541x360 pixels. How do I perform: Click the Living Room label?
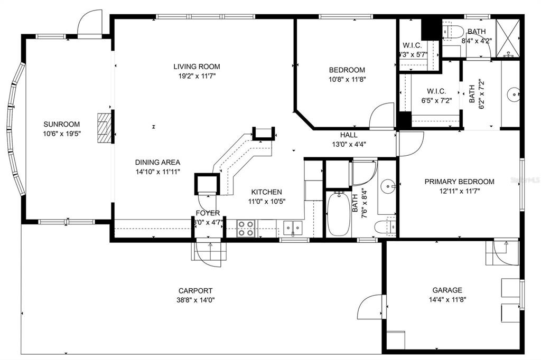tap(197, 67)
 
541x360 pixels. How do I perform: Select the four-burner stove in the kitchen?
tap(245, 228)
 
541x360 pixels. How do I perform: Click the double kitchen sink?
tap(292, 228)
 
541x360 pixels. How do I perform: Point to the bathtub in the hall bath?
tap(338, 215)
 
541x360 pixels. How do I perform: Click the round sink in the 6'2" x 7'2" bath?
tap(512, 95)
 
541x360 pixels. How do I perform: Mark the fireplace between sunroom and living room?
tap(105, 127)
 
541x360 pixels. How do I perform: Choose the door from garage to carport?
tap(371, 306)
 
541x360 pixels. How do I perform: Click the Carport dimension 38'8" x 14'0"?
tap(196, 300)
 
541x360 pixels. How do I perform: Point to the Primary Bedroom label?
tap(460, 182)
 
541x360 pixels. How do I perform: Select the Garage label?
tap(447, 290)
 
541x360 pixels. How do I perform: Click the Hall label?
tap(349, 135)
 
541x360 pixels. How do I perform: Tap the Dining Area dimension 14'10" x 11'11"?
tap(157, 172)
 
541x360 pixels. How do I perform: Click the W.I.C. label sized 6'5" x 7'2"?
tap(436, 91)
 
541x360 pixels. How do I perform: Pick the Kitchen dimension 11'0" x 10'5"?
tap(266, 201)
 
